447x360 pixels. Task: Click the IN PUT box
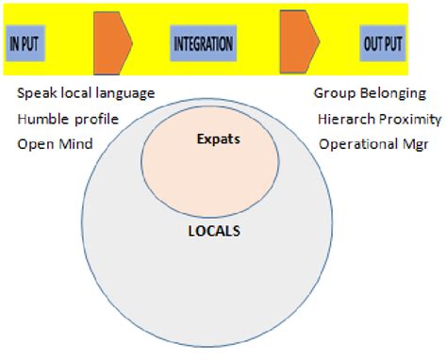pyautogui.click(x=25, y=43)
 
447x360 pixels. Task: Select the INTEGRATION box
pyautogui.click(x=203, y=43)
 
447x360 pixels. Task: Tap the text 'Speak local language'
pyautogui.click(x=86, y=94)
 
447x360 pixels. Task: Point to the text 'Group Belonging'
pyautogui.click(x=370, y=94)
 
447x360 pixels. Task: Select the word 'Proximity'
pyautogui.click(x=409, y=120)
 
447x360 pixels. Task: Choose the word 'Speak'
pyautogui.click(x=35, y=94)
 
